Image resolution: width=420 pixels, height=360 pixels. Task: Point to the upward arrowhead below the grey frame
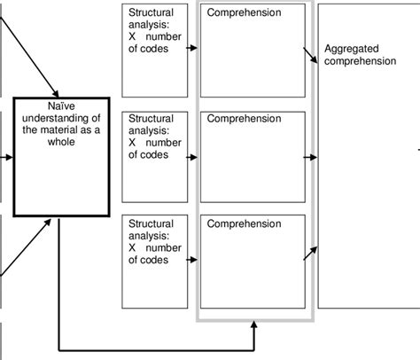(x=255, y=327)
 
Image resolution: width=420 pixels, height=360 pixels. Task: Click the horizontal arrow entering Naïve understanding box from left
(x=8, y=159)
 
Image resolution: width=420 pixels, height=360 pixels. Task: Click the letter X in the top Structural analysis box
(x=132, y=36)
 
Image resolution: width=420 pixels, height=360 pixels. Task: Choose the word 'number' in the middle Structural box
(x=169, y=141)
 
